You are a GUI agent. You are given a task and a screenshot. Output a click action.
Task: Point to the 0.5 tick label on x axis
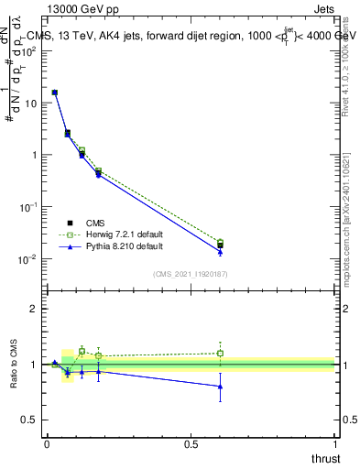point(191,444)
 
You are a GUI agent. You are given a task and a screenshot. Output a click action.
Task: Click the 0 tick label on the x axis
point(47,444)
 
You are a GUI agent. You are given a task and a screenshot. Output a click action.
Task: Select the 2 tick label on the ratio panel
point(33,309)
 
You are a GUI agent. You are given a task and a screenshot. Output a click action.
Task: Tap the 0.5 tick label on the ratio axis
point(29,420)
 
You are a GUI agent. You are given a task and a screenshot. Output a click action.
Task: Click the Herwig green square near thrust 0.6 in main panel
point(220,243)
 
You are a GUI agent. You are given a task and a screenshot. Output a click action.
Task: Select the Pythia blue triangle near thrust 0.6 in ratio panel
point(220,387)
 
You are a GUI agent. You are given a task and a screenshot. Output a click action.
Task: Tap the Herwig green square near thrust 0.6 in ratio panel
point(220,353)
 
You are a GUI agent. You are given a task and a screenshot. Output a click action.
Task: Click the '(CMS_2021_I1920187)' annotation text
point(191,273)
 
